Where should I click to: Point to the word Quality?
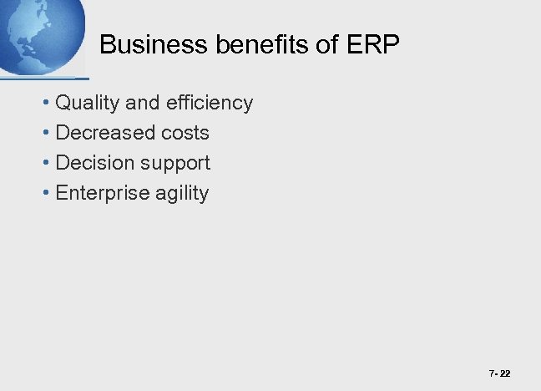pyautogui.click(x=88, y=104)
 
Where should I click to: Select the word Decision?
pyautogui.click(x=96, y=163)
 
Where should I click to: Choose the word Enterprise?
pyautogui.click(x=103, y=194)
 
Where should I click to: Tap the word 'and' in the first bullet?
pyautogui.click(x=142, y=104)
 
